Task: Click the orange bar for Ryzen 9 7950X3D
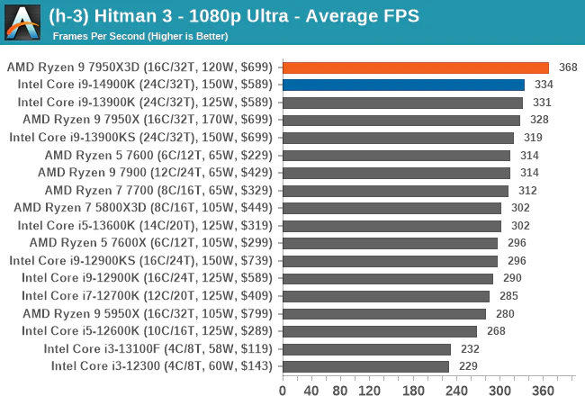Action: point(415,67)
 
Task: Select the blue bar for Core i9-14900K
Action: point(403,85)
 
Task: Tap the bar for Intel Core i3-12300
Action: point(365,366)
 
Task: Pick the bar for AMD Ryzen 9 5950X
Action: point(383,313)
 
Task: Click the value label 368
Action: point(569,67)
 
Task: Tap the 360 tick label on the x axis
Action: point(543,391)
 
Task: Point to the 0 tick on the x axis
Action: point(283,391)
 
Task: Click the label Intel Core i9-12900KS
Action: point(144,260)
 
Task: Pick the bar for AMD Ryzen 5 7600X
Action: point(390,243)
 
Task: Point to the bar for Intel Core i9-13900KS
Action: point(398,138)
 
